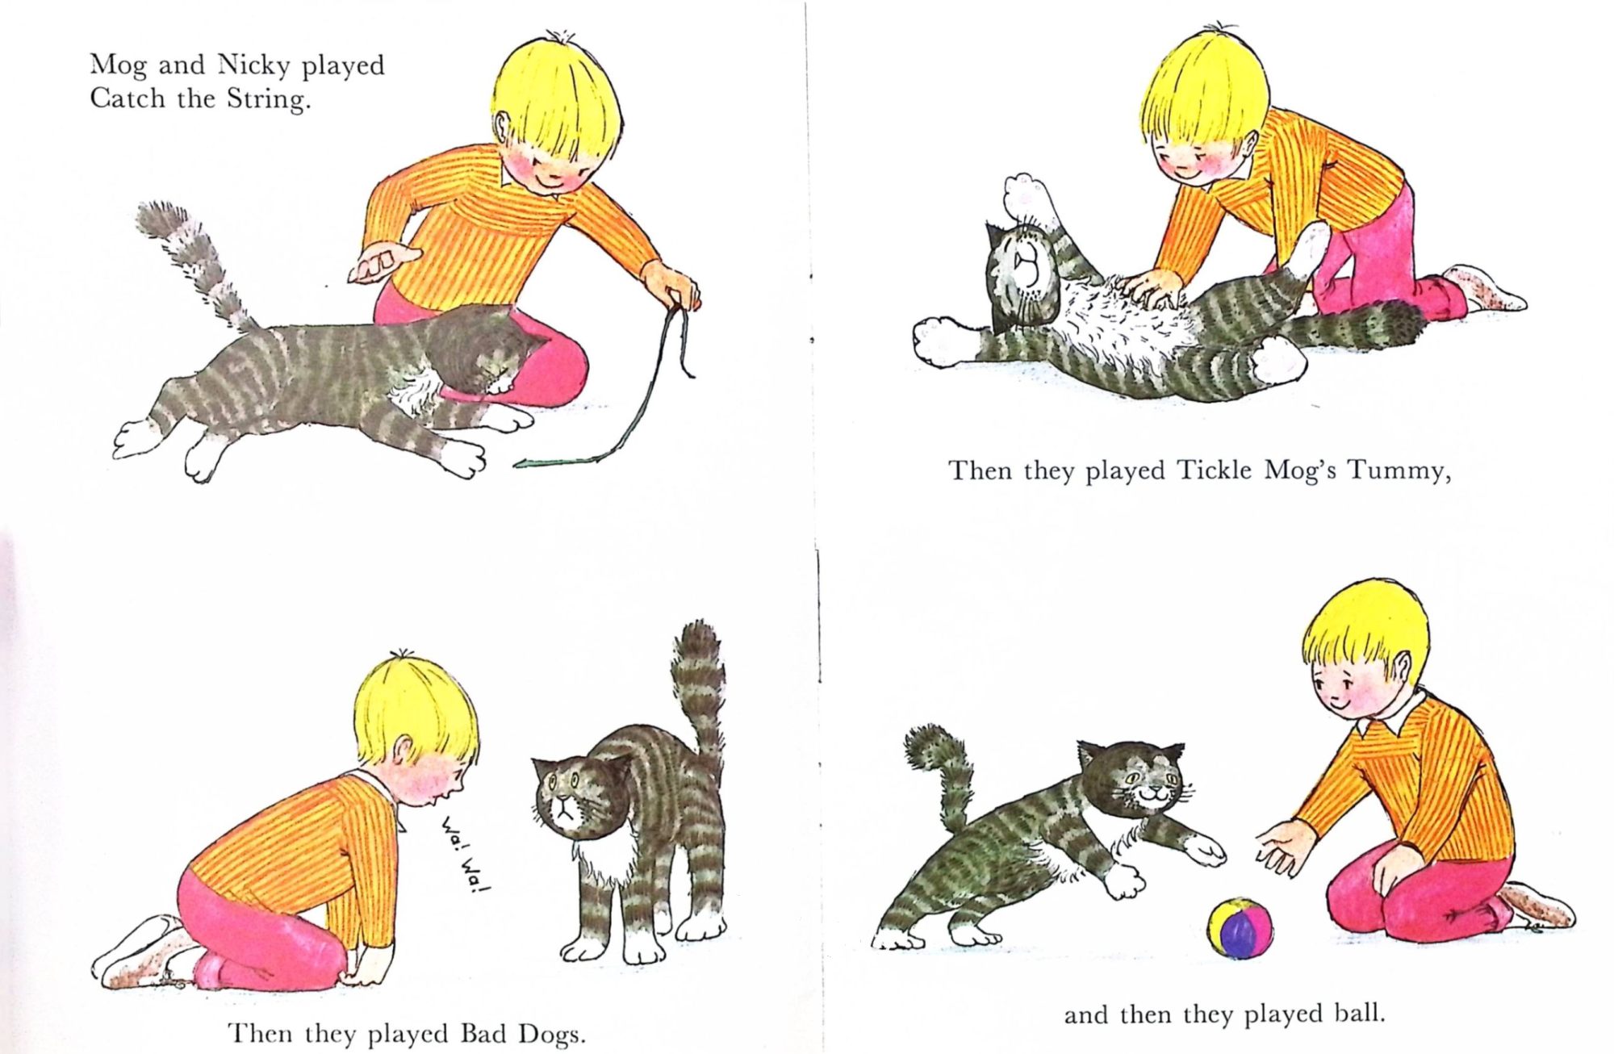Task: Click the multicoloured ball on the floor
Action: coord(1240,928)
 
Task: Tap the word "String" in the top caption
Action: coord(268,99)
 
